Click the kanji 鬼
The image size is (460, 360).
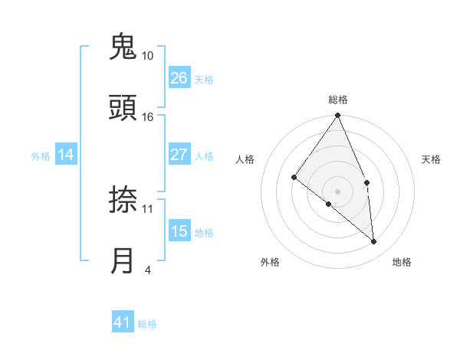(x=123, y=47)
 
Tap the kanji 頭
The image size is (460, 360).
(x=123, y=108)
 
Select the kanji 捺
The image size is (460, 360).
(x=123, y=201)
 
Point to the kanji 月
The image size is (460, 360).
(x=123, y=261)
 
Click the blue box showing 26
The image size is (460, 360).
(x=179, y=78)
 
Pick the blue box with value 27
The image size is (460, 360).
(x=179, y=155)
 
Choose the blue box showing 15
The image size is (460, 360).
(x=179, y=231)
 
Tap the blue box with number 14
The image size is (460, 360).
(x=66, y=155)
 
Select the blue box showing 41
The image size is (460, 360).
(x=123, y=322)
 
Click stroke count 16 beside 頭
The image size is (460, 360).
(x=148, y=116)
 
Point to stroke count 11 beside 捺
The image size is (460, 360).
(x=148, y=208)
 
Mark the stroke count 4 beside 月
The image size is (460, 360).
(x=147, y=270)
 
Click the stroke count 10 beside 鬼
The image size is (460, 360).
(x=148, y=56)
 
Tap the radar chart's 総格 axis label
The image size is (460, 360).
(x=338, y=100)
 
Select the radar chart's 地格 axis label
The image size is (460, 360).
(x=402, y=262)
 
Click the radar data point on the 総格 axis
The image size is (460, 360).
(x=338, y=116)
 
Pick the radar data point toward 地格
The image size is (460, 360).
(x=373, y=241)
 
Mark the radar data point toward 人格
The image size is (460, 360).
(x=294, y=178)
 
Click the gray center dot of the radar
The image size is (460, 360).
(x=338, y=191)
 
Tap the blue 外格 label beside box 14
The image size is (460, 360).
(x=41, y=155)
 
